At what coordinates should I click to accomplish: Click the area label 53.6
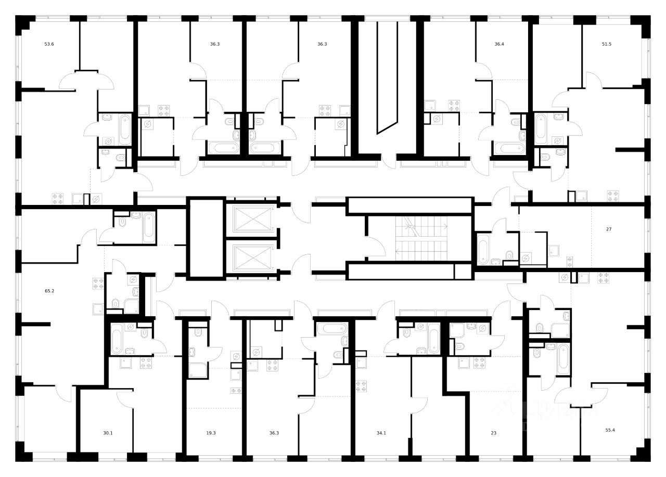tap(49, 44)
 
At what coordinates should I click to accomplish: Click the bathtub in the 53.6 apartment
tap(124, 130)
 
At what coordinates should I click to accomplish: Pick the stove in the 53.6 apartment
tap(58, 199)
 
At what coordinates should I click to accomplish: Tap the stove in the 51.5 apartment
tap(612, 196)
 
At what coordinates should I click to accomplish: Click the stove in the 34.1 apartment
tap(362, 386)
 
